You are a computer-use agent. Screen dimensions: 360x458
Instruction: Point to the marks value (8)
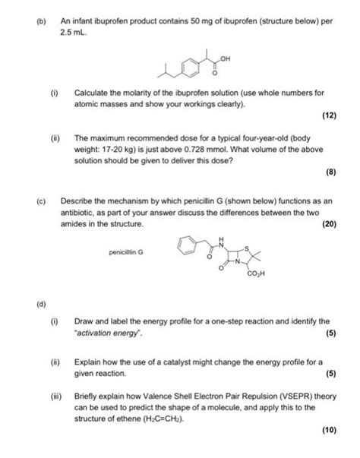pos(331,172)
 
